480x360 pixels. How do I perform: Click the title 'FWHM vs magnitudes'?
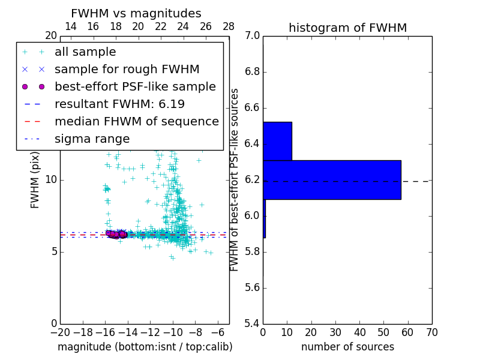[136, 13]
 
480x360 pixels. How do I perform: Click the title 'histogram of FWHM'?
[347, 28]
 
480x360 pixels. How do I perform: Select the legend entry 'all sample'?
[85, 52]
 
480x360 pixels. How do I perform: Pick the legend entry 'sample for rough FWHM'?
[127, 69]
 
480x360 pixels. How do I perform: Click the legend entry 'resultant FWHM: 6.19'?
[119, 104]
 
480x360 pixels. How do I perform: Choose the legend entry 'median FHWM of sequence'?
[136, 121]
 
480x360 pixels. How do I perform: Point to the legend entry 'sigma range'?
[92, 139]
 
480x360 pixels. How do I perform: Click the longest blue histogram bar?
[332, 179]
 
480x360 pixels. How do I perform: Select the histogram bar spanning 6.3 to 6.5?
[277, 141]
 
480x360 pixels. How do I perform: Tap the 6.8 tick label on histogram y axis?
[251, 72]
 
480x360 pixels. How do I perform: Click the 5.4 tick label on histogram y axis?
[251, 323]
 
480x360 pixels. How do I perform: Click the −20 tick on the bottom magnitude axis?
[60, 332]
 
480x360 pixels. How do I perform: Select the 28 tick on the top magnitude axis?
[229, 26]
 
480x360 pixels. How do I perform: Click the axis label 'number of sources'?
[347, 347]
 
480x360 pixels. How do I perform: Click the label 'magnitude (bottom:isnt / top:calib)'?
[145, 347]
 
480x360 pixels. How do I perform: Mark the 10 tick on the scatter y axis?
[51, 180]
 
